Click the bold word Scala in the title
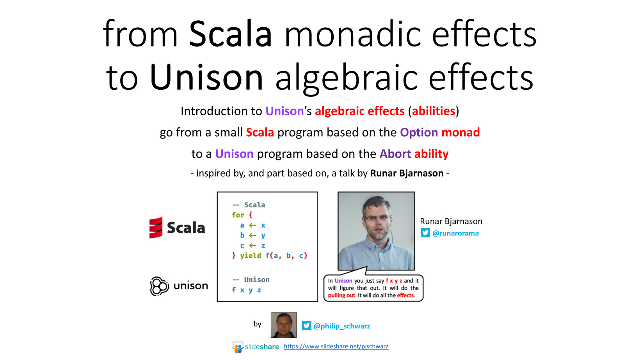230,34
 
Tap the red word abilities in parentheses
434,111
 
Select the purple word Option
419,132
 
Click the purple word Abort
395,154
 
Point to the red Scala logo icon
156,228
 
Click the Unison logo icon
160,286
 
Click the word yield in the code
251,255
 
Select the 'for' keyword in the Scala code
238,215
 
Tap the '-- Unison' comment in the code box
251,279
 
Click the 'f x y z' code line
246,290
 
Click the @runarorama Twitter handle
455,233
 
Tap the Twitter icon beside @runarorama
425,233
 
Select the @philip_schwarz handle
342,326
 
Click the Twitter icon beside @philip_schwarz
307,326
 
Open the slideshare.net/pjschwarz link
336,346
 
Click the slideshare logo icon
238,347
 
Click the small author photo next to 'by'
284,325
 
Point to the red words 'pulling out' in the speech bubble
341,295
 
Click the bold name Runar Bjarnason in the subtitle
407,173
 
